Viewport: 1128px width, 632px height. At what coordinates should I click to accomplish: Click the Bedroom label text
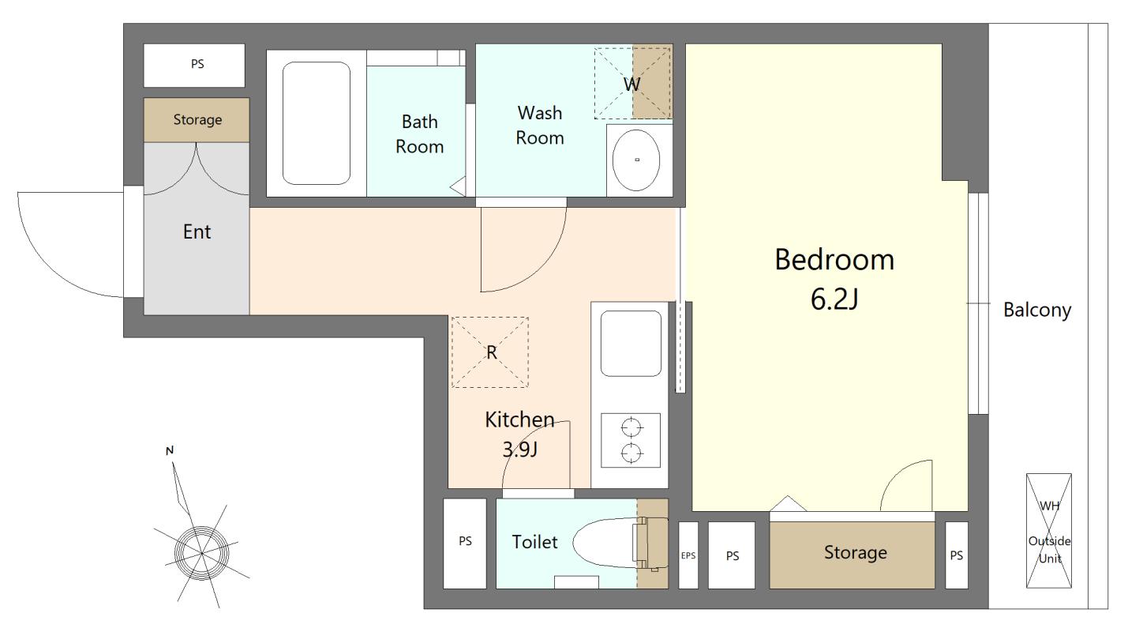834,260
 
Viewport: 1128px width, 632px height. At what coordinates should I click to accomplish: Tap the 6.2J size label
834,299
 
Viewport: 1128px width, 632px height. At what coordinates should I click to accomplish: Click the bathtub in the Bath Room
317,123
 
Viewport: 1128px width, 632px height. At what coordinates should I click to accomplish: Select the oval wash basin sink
636,160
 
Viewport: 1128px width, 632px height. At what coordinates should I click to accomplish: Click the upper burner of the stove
631,428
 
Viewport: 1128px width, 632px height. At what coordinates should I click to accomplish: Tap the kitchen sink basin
631,344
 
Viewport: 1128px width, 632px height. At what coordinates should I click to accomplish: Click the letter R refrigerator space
491,352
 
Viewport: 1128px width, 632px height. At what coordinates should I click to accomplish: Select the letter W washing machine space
632,84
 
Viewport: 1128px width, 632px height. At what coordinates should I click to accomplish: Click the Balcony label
1037,310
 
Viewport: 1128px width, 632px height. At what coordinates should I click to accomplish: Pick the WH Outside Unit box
1049,531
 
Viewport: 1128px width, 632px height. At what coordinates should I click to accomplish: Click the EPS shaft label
688,555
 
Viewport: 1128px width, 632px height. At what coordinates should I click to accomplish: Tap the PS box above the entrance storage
194,66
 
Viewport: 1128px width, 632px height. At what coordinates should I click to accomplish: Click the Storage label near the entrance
197,120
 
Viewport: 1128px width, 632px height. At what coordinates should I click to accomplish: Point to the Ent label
197,231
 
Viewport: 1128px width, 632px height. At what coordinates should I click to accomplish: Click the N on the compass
170,450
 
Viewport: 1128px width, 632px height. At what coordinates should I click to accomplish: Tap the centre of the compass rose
202,553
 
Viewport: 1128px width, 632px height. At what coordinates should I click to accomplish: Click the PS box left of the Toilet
465,544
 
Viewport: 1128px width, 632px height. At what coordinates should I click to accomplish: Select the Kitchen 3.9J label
519,434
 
